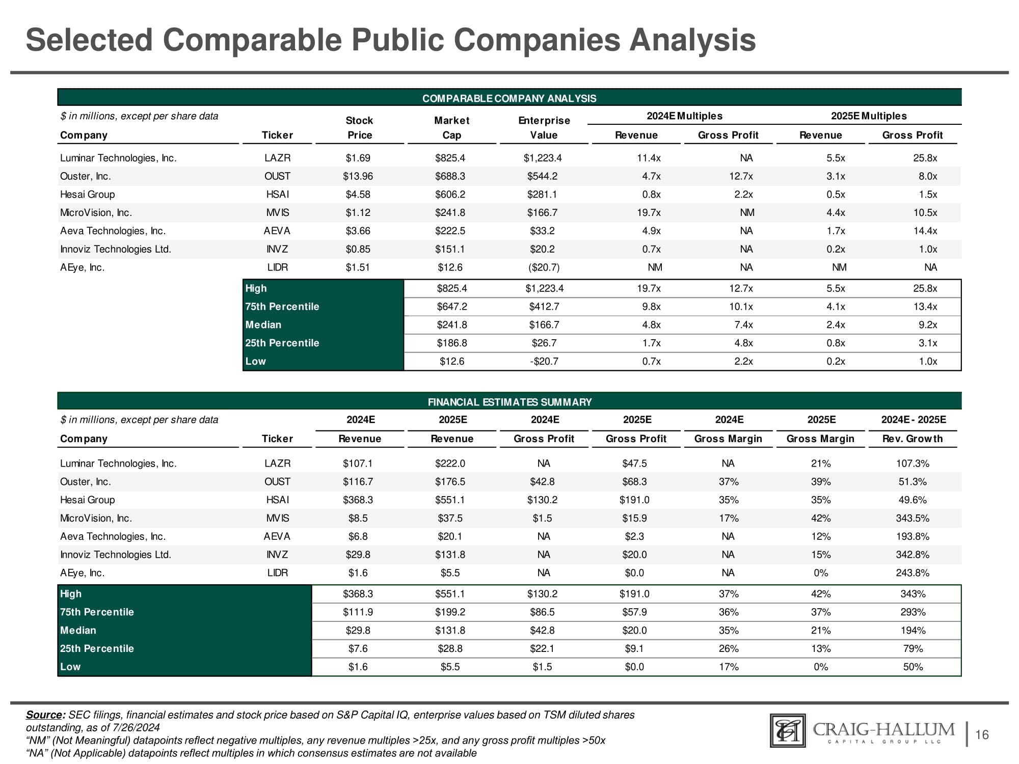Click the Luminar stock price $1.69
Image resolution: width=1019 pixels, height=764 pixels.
(x=358, y=158)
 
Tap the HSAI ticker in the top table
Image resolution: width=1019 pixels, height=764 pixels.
(x=277, y=195)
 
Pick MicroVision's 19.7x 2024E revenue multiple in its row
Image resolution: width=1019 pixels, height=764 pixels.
(x=649, y=213)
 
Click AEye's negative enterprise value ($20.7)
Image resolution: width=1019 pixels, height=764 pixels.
(x=543, y=267)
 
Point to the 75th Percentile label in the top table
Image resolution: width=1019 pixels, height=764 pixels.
(x=282, y=307)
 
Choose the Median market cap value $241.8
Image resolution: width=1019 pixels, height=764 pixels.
(x=451, y=325)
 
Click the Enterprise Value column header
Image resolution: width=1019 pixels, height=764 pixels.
(x=544, y=128)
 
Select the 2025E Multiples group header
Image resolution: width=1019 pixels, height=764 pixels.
(x=869, y=116)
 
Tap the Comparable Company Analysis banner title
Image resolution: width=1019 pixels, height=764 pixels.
(x=509, y=98)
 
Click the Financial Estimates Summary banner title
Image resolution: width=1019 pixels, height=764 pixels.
(x=509, y=402)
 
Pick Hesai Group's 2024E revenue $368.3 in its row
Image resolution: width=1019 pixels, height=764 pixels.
(x=358, y=500)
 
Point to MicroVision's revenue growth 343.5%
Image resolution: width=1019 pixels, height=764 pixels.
(x=913, y=519)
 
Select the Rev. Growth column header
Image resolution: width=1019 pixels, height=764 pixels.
(x=912, y=439)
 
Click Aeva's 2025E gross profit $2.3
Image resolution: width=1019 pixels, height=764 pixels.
(x=634, y=536)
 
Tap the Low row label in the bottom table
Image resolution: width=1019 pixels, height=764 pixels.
(x=70, y=667)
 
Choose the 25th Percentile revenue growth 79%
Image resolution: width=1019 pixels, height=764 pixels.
(x=913, y=649)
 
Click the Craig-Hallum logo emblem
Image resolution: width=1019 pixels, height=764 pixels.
(x=788, y=731)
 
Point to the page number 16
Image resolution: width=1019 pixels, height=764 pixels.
(x=982, y=734)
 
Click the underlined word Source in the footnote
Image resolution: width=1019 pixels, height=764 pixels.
(x=44, y=715)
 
